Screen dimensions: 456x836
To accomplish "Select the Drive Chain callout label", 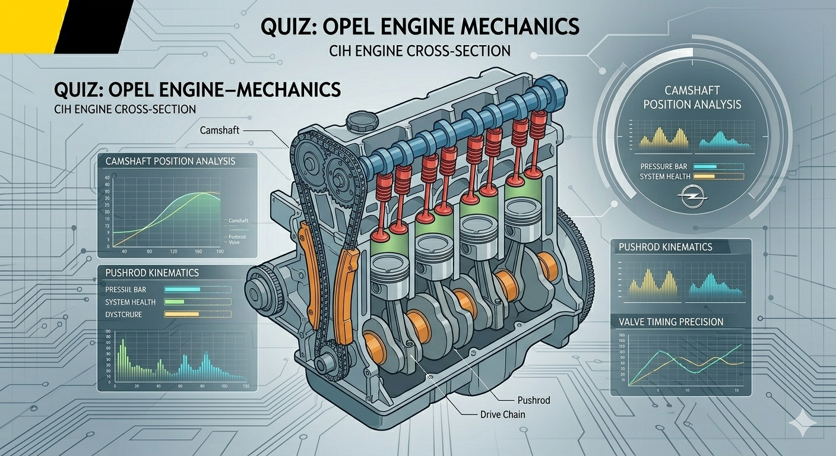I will point(502,414).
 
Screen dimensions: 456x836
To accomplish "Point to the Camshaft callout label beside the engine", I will point(218,129).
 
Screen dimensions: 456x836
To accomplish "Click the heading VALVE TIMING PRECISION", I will point(671,322).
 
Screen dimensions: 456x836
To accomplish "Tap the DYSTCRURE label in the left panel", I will point(123,314).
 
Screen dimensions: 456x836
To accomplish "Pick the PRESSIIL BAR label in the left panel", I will point(125,289).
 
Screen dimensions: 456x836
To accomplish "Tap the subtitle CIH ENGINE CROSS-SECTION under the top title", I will point(420,51).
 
